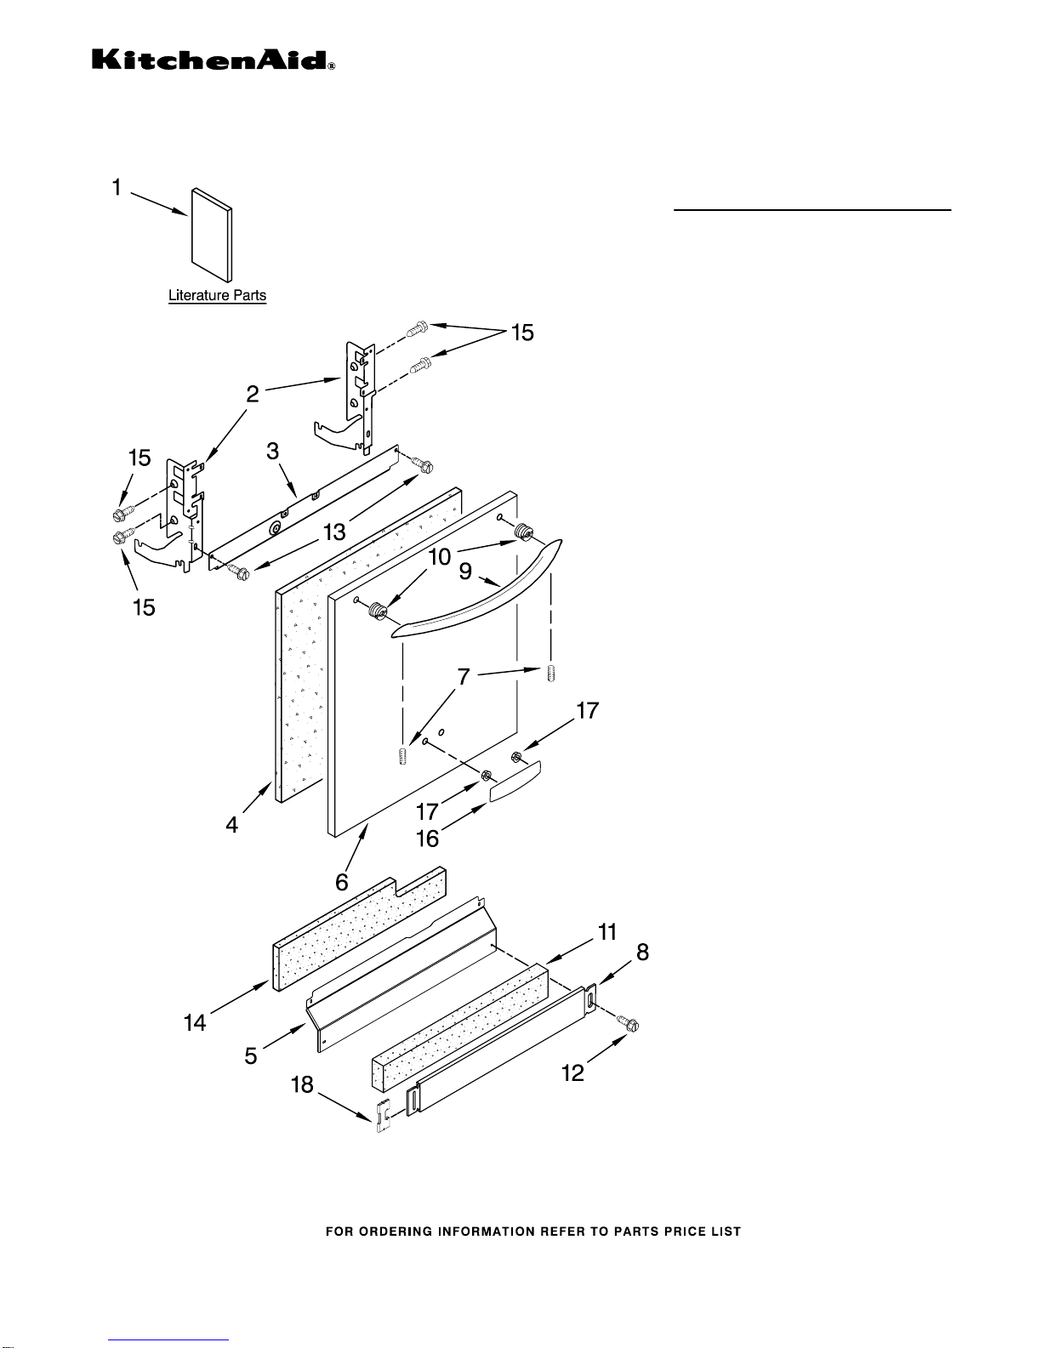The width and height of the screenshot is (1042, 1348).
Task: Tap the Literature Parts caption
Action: (x=217, y=295)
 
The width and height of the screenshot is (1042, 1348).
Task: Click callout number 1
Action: (x=117, y=187)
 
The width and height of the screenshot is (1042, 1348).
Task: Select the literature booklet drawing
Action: (x=212, y=235)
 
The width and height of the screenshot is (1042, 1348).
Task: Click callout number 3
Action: (x=273, y=451)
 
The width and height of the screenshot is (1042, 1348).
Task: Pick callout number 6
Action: (x=342, y=881)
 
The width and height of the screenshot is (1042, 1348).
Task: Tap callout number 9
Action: (x=466, y=571)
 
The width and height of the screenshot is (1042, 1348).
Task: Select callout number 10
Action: (x=440, y=556)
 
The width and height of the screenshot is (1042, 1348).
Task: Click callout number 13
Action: (x=334, y=532)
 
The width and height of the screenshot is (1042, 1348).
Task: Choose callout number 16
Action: (x=427, y=839)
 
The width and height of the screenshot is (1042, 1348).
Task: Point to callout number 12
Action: (x=573, y=1072)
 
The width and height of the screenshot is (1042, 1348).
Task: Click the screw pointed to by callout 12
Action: (x=628, y=1024)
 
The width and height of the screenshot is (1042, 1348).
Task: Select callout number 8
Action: (x=642, y=953)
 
